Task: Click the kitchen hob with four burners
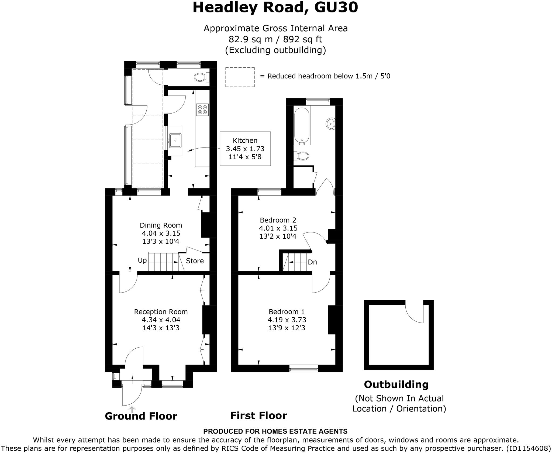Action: pyautogui.click(x=203, y=109)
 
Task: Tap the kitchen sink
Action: pyautogui.click(x=175, y=141)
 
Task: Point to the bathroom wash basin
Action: pyautogui.click(x=330, y=124)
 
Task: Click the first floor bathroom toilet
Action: pyautogui.click(x=303, y=156)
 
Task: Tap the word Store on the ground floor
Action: pyautogui.click(x=195, y=261)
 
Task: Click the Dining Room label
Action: pyautogui.click(x=161, y=225)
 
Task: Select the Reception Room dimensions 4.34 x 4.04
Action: pyautogui.click(x=161, y=320)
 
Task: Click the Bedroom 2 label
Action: pyautogui.click(x=278, y=220)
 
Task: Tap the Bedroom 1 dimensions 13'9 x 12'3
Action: pyautogui.click(x=287, y=328)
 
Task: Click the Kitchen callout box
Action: pyautogui.click(x=245, y=149)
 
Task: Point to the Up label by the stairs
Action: pyautogui.click(x=142, y=260)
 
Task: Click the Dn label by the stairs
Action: pyautogui.click(x=312, y=262)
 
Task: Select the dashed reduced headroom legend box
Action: pyautogui.click(x=240, y=77)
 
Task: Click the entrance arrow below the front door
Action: pyautogui.click(x=132, y=409)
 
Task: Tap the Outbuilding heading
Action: pyautogui.click(x=396, y=385)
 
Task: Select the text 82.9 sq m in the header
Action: pyautogui.click(x=249, y=39)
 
